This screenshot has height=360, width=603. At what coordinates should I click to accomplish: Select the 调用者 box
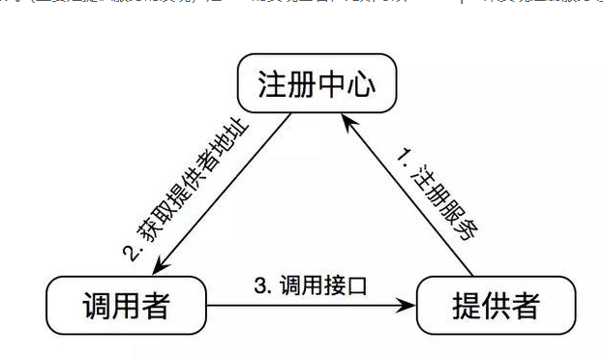(127, 307)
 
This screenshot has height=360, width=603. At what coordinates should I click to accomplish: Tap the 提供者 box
(495, 307)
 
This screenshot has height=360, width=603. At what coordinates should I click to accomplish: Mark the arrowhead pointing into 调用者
(157, 267)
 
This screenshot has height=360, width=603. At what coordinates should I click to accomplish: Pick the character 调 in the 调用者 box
(97, 307)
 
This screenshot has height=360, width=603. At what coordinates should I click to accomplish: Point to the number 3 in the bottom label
(259, 285)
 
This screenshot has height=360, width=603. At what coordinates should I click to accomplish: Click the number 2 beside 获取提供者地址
(133, 254)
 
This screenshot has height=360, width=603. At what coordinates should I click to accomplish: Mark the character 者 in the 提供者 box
(524, 307)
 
